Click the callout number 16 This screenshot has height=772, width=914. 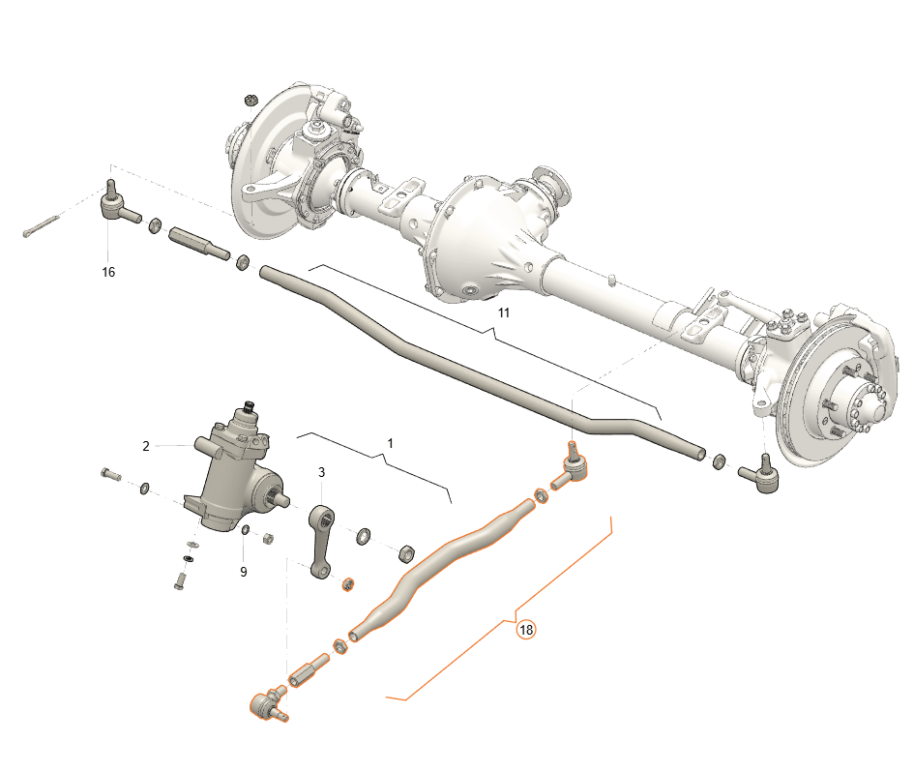108,273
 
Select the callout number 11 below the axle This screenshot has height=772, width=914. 504,313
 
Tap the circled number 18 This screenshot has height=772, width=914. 526,630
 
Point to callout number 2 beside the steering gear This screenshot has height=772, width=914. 146,446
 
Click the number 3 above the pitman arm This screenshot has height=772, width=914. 321,472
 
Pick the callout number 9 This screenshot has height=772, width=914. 243,572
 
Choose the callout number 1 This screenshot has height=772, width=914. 390,442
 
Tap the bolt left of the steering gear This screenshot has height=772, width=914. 109,475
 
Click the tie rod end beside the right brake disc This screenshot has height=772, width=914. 760,474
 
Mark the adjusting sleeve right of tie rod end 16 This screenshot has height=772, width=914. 199,243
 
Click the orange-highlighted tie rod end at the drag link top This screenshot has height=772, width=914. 571,468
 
